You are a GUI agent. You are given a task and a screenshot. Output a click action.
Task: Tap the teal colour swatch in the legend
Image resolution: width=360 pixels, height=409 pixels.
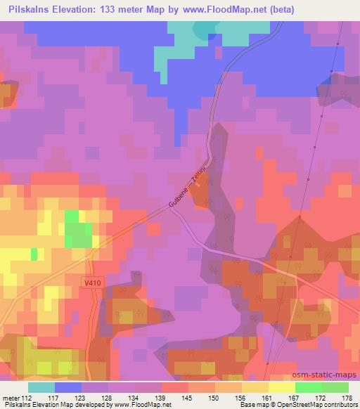coord(41,387)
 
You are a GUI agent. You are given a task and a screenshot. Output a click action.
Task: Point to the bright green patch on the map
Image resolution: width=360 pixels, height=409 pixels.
coord(78,228)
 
